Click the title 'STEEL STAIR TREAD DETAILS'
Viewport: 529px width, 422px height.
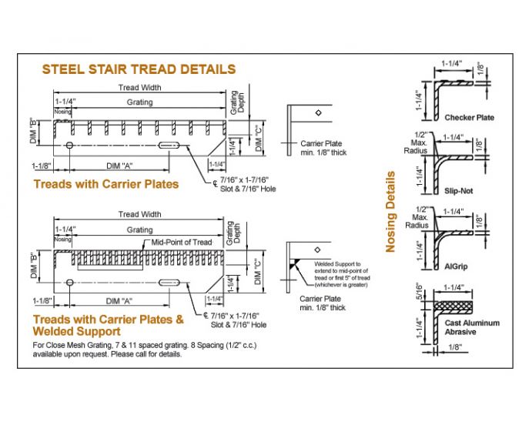point(139,69)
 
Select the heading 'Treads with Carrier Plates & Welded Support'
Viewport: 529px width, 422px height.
point(109,324)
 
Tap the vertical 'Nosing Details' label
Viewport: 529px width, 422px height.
point(390,212)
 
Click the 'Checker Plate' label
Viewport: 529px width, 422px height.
point(469,118)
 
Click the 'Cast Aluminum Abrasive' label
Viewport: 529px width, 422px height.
point(471,327)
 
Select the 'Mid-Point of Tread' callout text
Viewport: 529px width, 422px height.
point(180,242)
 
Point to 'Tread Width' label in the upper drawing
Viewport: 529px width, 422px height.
point(139,88)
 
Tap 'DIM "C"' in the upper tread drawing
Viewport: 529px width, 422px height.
point(258,136)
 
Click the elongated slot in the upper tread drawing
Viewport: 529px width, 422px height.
point(171,146)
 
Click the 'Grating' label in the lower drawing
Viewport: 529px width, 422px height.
point(139,230)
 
